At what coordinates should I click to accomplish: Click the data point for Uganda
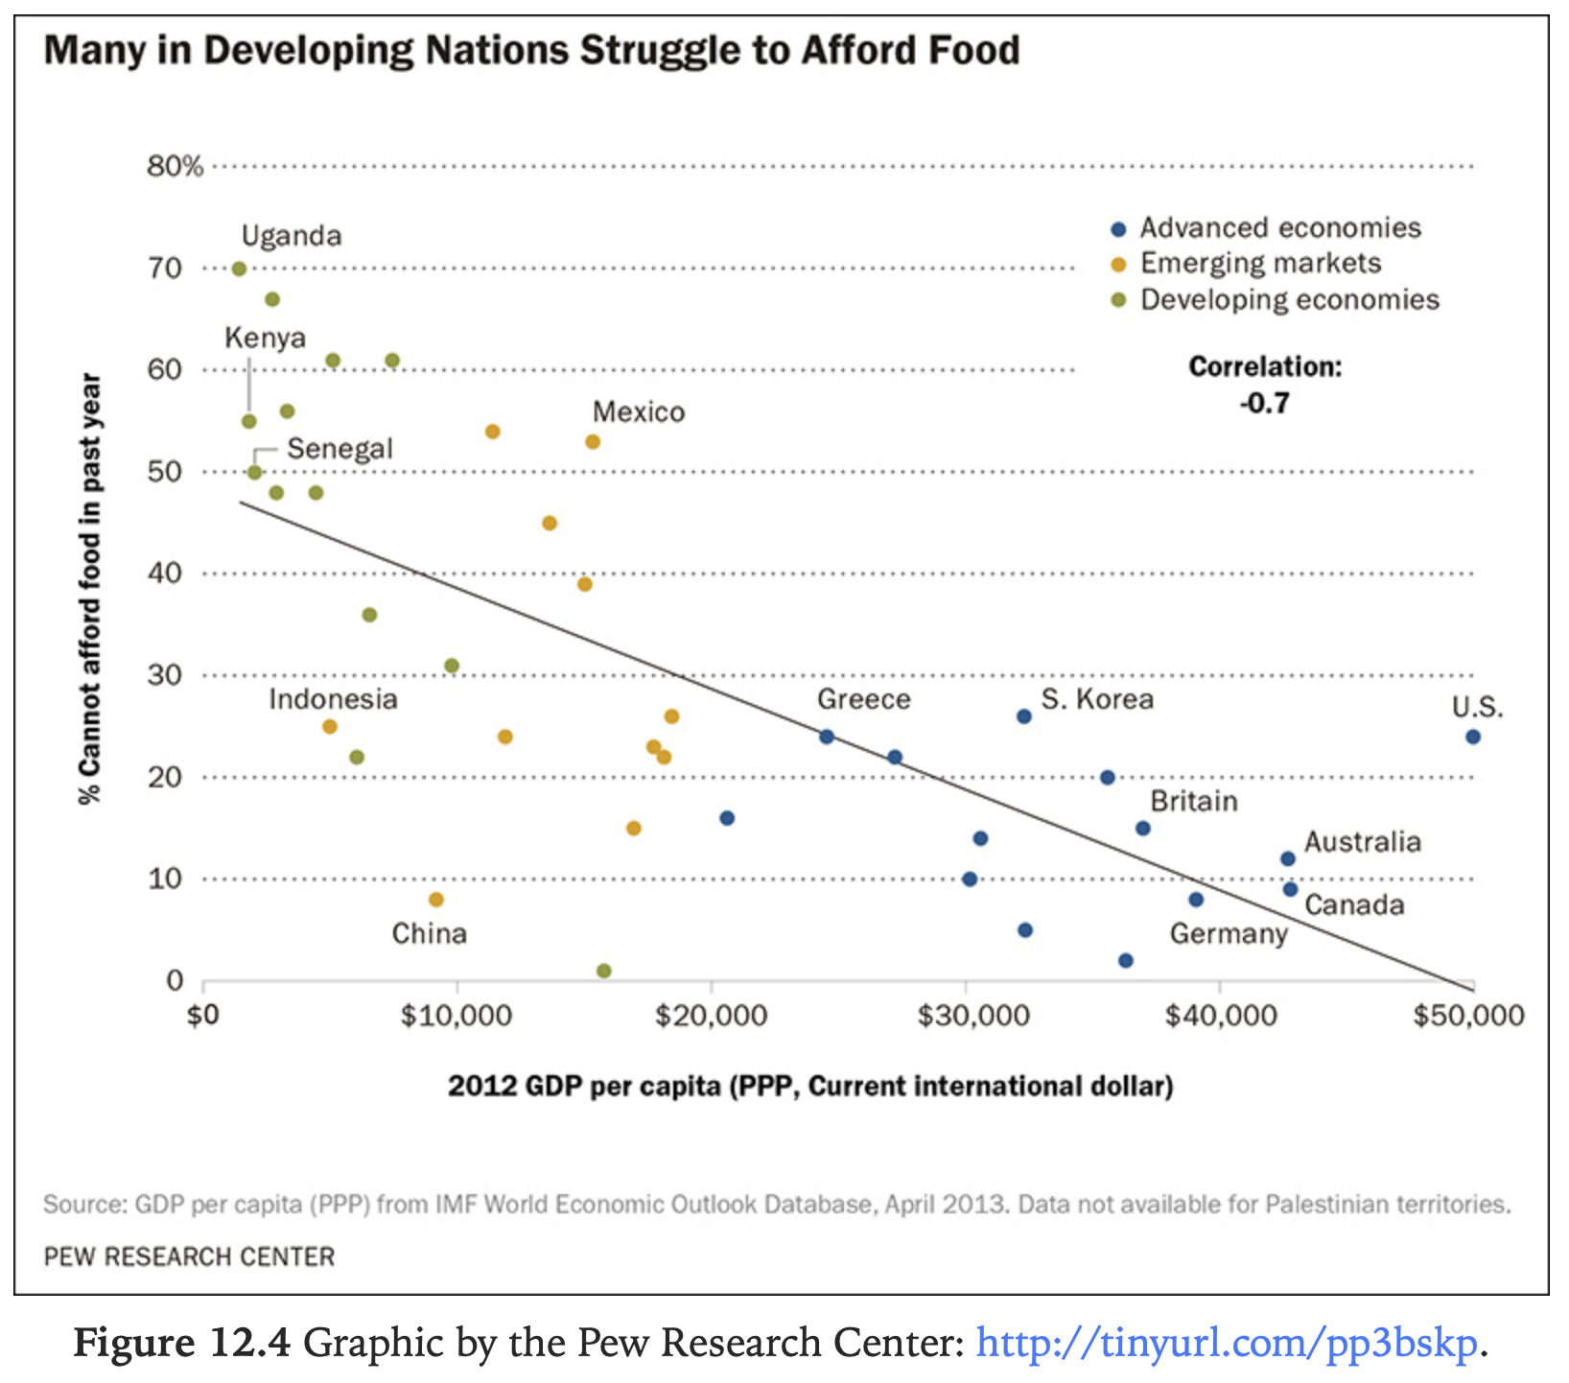click(239, 269)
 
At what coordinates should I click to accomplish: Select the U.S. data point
click(1472, 737)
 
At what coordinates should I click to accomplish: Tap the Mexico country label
click(639, 412)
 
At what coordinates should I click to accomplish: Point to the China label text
click(429, 933)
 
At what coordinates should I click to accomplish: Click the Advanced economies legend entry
click(1279, 228)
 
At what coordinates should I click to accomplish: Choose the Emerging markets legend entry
click(1260, 264)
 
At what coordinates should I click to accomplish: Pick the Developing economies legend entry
click(1289, 300)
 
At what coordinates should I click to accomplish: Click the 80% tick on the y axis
click(175, 167)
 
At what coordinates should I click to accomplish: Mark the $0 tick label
click(202, 1015)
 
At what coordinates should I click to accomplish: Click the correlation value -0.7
click(1264, 404)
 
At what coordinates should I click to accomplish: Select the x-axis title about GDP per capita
click(810, 1087)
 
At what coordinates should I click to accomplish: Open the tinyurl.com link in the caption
click(1227, 1343)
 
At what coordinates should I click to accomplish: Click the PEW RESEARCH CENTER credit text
click(189, 1256)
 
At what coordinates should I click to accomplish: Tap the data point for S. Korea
click(1023, 716)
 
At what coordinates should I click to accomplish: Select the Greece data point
click(826, 737)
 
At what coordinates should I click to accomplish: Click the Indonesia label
click(333, 699)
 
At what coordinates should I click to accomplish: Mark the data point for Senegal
click(254, 472)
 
